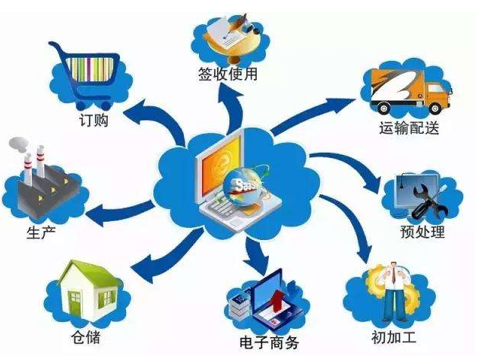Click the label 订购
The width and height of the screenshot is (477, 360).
[x=93, y=121]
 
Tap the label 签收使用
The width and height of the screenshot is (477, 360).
[x=228, y=74]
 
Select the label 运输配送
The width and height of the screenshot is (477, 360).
[x=409, y=128]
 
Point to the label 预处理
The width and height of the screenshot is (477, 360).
[x=422, y=232]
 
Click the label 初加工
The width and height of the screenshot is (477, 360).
[x=393, y=337]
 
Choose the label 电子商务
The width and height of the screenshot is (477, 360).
[x=269, y=343]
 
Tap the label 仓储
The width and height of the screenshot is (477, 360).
[x=86, y=336]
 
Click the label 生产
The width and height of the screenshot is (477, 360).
[x=41, y=233]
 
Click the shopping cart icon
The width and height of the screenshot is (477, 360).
[x=84, y=75]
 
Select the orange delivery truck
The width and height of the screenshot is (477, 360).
[x=410, y=90]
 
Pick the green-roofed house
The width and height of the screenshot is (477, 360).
[x=90, y=289]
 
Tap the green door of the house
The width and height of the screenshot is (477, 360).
[x=74, y=302]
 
